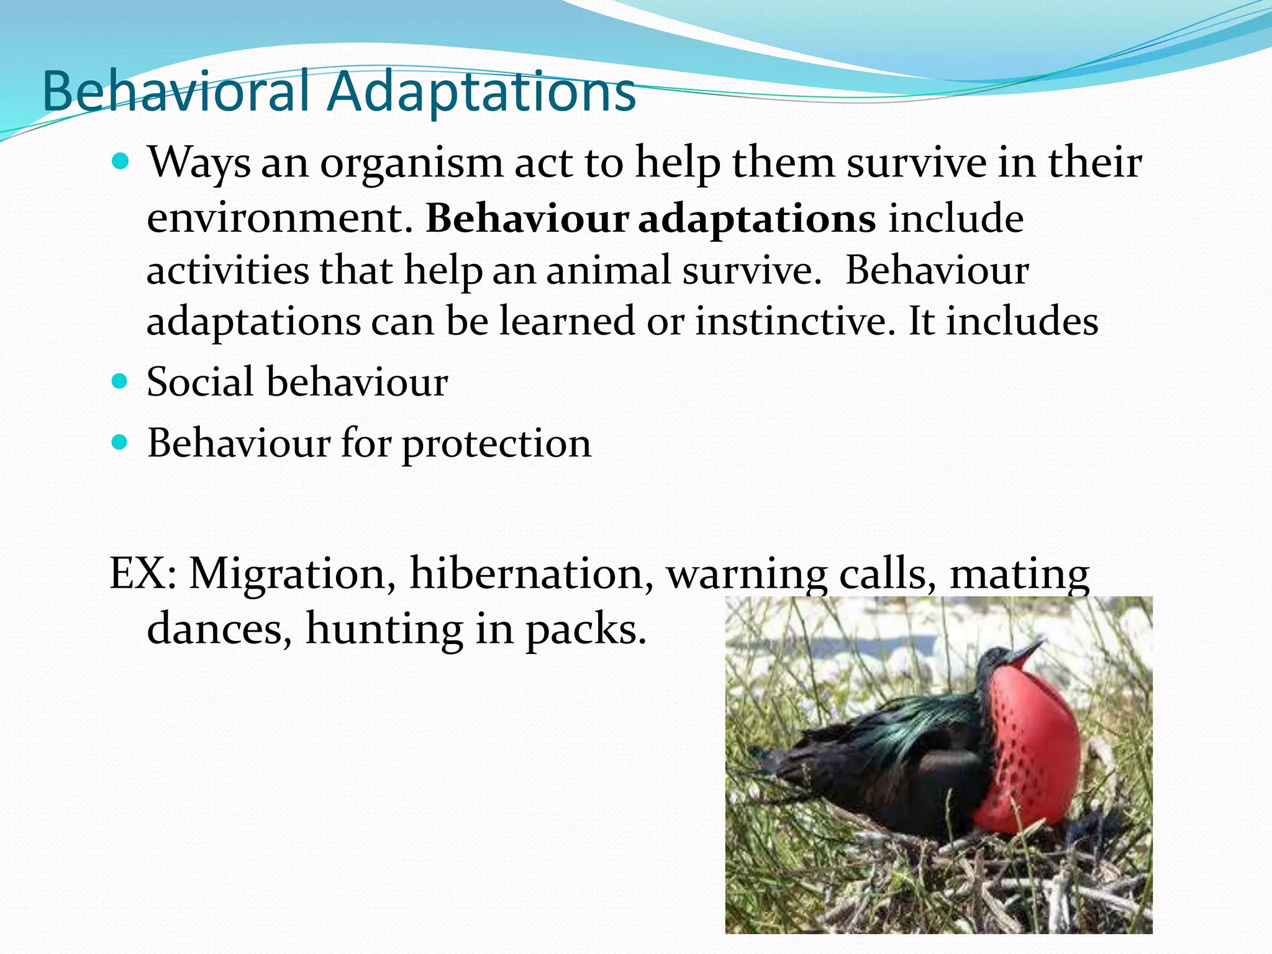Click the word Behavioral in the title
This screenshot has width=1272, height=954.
175,92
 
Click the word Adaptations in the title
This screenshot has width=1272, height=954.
481,92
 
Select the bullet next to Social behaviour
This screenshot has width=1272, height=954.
120,380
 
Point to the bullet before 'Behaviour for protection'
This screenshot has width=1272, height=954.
120,442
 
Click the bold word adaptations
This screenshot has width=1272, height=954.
757,220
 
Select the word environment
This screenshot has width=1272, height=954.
279,219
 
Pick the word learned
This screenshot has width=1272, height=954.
566,322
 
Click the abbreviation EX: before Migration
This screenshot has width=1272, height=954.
143,573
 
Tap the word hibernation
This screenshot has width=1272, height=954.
531,573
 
